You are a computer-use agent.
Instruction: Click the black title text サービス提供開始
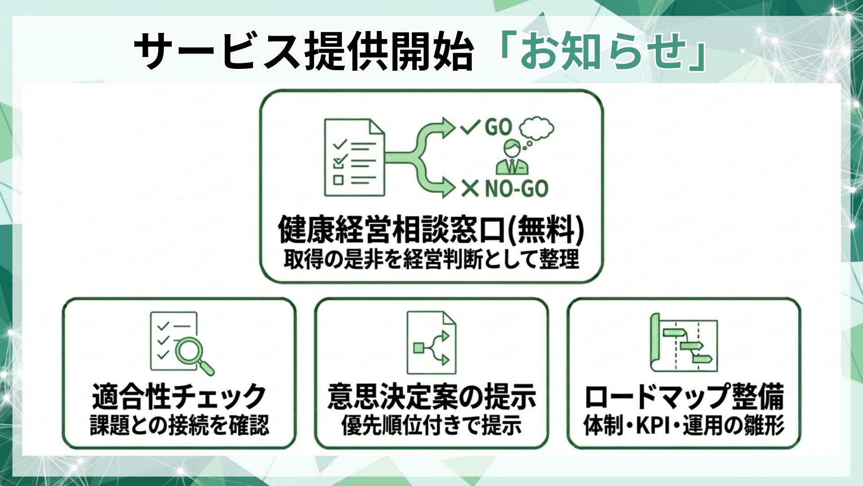pos(304,52)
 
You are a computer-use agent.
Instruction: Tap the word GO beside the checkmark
pos(498,127)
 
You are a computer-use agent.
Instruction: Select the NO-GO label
pos(516,189)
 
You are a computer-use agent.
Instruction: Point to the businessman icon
pos(512,158)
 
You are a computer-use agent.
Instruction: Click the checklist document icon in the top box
pos(354,157)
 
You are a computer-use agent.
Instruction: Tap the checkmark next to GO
pos(471,127)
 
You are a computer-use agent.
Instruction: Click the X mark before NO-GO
pos(470,189)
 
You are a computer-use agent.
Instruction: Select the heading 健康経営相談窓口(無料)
pos(431,229)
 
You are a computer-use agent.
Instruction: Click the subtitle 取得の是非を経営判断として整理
pos(431,260)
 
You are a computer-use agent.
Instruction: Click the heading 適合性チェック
pos(179,396)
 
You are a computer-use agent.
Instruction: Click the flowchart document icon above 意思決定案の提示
pos(431,343)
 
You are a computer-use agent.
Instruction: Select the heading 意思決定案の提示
pos(431,396)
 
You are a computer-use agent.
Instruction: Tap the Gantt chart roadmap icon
pos(683,343)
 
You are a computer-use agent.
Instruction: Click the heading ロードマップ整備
pos(684,396)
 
